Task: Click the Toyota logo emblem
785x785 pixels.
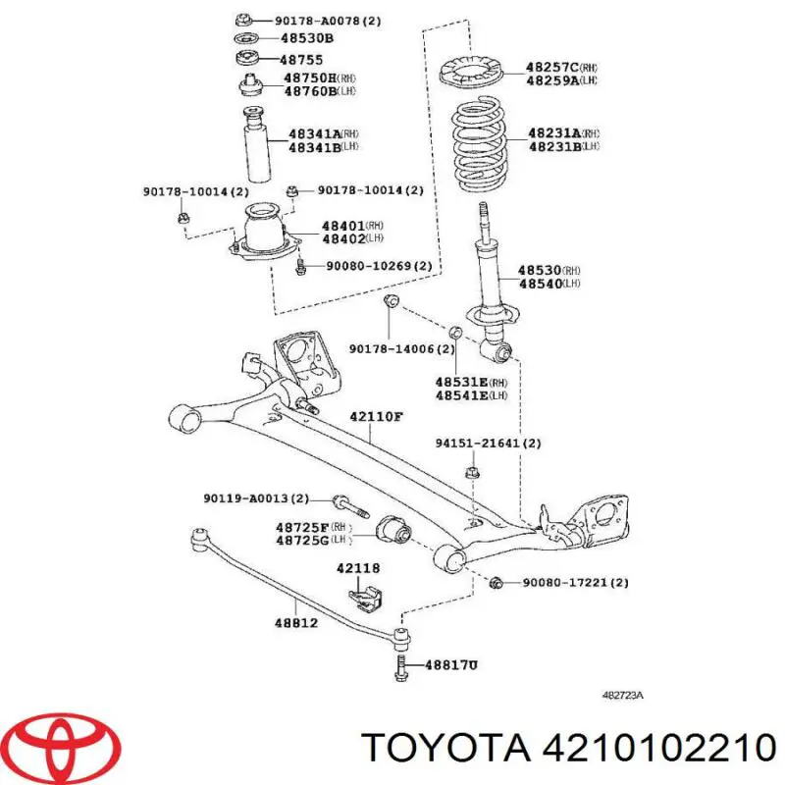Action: tap(66, 747)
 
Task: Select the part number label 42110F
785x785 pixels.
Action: tap(376, 416)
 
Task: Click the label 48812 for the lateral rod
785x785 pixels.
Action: tap(296, 623)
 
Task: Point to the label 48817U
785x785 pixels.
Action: tap(450, 665)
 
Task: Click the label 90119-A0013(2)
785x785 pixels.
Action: tap(256, 498)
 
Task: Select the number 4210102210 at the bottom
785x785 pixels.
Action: tap(659, 749)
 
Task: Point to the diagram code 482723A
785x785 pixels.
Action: tap(622, 696)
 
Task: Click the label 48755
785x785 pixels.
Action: tap(301, 60)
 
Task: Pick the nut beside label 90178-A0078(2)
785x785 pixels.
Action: tap(241, 20)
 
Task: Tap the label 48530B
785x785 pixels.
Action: tap(307, 38)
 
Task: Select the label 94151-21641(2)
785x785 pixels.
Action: tap(488, 444)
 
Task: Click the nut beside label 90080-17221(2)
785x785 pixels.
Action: tap(496, 582)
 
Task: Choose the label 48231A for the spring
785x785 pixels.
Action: tap(554, 133)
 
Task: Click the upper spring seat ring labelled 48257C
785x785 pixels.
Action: tap(471, 73)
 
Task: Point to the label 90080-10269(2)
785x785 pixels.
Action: tap(379, 265)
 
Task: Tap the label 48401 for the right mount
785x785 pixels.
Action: tap(343, 226)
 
